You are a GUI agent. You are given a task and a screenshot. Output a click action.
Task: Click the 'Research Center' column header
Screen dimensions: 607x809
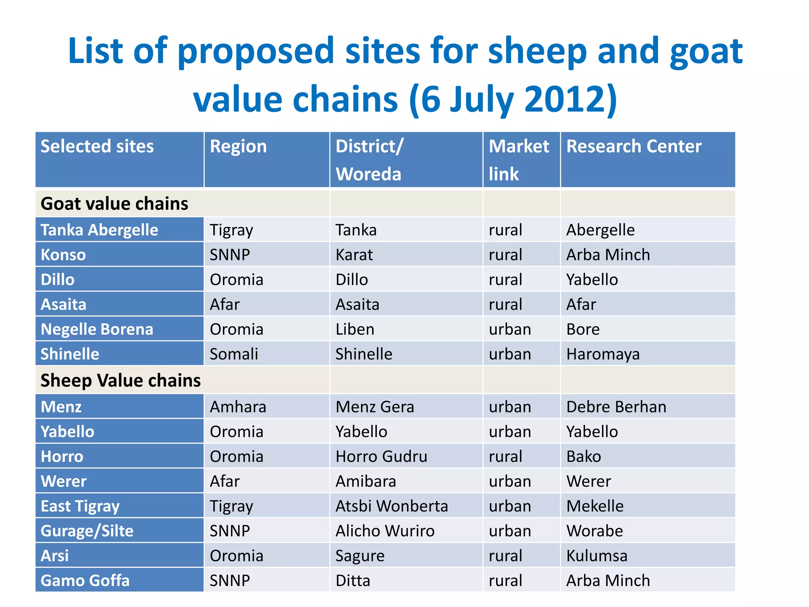click(x=634, y=146)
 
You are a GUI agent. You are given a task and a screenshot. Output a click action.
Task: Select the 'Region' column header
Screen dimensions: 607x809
click(x=238, y=146)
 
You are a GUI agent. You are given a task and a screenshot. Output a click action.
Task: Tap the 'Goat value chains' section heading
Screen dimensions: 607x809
click(x=114, y=204)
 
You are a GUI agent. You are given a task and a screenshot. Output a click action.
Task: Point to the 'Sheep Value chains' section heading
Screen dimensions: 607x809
click(x=120, y=380)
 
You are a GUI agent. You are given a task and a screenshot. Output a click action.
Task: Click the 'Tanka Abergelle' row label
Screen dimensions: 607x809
click(x=99, y=230)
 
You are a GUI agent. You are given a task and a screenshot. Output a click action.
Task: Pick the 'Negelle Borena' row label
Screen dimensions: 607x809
click(x=97, y=329)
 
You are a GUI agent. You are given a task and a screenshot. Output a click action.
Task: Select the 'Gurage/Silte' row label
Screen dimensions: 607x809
click(x=87, y=531)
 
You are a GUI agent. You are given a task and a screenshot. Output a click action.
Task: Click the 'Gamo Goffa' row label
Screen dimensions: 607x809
click(x=85, y=581)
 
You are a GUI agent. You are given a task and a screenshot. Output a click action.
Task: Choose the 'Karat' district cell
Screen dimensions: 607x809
click(x=354, y=255)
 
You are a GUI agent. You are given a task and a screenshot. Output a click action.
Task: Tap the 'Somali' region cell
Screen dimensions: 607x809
click(x=234, y=354)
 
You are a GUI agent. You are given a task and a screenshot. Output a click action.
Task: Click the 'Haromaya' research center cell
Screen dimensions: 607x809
click(x=603, y=354)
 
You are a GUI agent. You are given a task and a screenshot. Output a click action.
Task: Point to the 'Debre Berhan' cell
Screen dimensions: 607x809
click(x=616, y=407)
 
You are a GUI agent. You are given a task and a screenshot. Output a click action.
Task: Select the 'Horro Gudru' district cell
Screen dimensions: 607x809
click(x=381, y=456)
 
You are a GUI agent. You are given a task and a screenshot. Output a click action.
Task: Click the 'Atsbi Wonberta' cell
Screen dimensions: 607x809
click(x=391, y=506)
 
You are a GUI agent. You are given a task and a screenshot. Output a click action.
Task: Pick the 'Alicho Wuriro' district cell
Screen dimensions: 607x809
click(x=385, y=531)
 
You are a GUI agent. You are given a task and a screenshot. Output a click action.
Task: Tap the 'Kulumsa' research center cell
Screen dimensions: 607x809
click(x=596, y=556)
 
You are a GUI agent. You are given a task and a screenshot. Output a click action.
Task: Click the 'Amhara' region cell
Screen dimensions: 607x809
click(x=238, y=407)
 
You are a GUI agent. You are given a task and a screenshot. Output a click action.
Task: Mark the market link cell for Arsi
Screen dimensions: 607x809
click(x=505, y=556)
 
